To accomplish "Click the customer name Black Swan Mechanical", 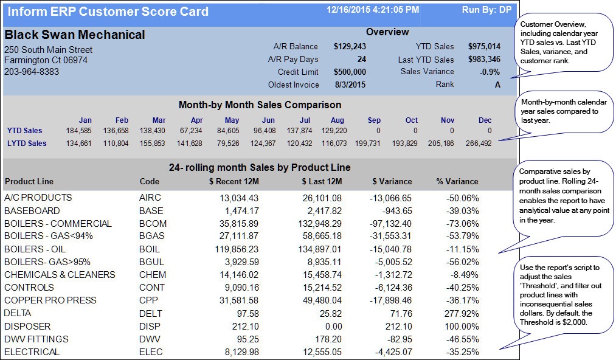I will (x=75, y=35).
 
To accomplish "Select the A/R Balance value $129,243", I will (x=350, y=47).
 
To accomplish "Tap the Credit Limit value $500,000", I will (x=350, y=72).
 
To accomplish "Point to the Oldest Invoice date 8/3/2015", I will (x=351, y=85).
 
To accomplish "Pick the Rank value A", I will (x=497, y=85).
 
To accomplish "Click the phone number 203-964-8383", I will (x=32, y=72).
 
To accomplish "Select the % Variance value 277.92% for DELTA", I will (x=462, y=314).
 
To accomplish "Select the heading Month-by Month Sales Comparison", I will (x=260, y=105).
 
